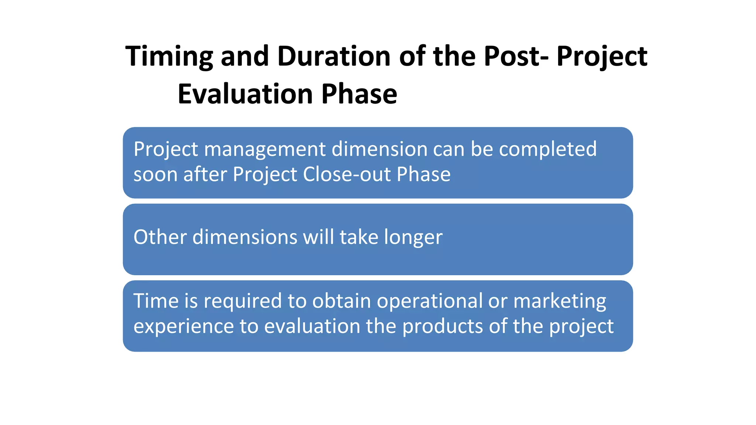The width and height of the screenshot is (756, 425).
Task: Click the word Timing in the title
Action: point(169,56)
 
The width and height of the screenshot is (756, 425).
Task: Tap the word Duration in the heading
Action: point(334,56)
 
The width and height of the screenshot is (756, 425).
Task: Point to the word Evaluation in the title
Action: point(245,94)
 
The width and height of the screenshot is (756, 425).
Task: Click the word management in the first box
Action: point(265,149)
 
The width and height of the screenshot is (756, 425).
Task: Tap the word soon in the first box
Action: point(155,175)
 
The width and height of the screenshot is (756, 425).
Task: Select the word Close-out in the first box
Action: point(346,175)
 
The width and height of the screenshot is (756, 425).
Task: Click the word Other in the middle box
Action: point(160,237)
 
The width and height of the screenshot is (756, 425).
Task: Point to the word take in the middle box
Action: point(359,237)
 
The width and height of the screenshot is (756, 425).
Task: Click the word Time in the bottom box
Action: point(155,301)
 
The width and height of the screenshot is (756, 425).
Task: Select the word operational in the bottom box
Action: point(429,301)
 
